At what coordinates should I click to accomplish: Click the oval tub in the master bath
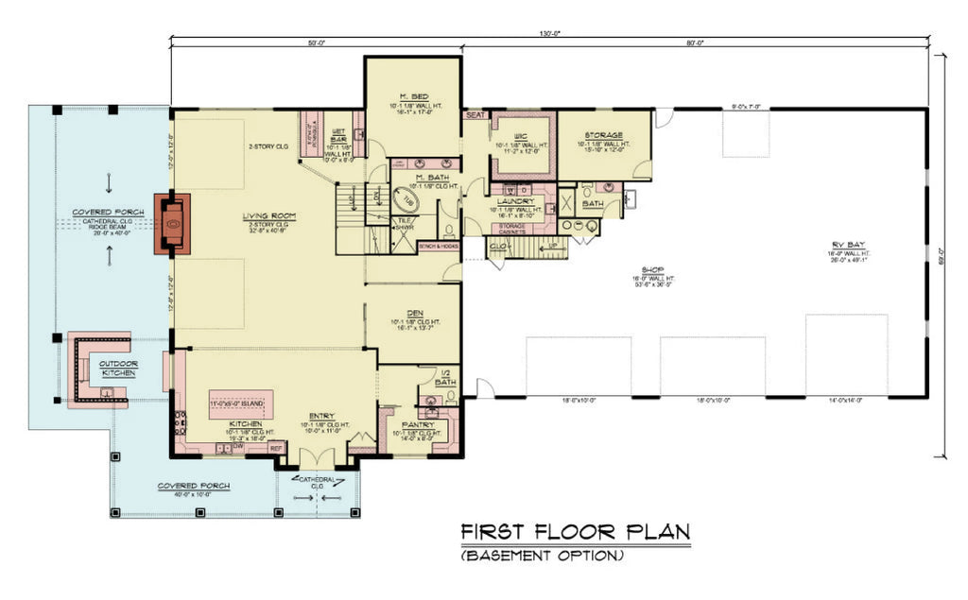click(x=406, y=202)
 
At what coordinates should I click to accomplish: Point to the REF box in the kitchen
click(x=276, y=448)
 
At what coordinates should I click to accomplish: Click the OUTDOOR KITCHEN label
click(x=120, y=369)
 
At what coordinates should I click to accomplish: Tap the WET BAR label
click(x=338, y=135)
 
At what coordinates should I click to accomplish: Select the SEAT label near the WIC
click(x=475, y=114)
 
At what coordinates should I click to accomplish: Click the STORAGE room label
click(x=603, y=134)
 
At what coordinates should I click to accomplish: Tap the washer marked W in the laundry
click(x=505, y=189)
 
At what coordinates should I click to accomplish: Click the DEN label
click(x=412, y=313)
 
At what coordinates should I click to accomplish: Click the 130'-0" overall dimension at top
click(x=550, y=33)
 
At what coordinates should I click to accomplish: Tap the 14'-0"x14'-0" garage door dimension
click(x=845, y=401)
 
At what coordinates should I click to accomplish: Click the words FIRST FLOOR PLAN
click(x=575, y=532)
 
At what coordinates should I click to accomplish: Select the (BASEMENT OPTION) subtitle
click(x=542, y=557)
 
